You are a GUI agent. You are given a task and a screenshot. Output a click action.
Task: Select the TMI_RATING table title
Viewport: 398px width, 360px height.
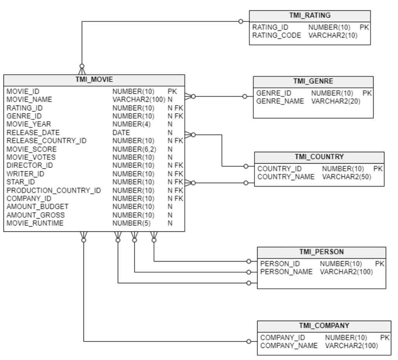[309, 16]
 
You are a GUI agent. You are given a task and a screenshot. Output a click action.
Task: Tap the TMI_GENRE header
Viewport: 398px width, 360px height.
[313, 82]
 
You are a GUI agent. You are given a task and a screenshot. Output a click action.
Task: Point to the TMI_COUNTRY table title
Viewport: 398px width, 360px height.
[319, 157]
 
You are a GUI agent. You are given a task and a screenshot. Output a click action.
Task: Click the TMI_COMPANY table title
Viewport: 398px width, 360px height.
[324, 326]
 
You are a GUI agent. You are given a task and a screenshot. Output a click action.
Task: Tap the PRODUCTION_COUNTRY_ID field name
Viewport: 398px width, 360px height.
[54, 190]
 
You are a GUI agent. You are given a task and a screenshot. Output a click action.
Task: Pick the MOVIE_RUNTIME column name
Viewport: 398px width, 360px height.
[35, 223]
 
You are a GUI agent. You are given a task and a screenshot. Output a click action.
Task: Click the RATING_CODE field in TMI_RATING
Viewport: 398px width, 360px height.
[276, 35]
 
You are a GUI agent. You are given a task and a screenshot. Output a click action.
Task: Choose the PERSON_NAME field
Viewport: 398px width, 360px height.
[286, 271]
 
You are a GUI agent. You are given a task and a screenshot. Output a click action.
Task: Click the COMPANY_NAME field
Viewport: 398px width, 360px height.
[289, 346]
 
